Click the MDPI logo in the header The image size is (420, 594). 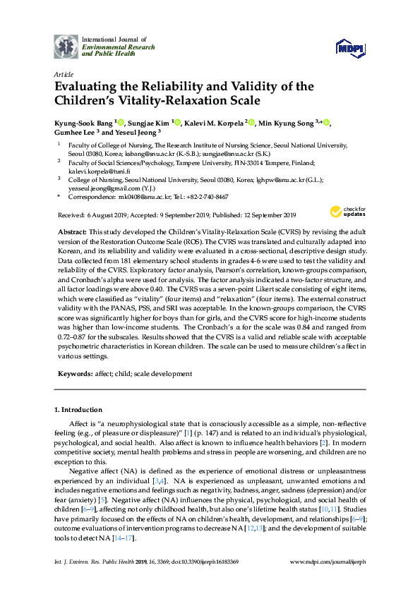pyautogui.click(x=351, y=48)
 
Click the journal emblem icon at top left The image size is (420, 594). pyautogui.click(x=66, y=46)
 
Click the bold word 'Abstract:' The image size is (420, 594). pyautogui.click(x=73, y=232)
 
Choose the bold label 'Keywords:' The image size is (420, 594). pyautogui.click(x=76, y=372)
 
